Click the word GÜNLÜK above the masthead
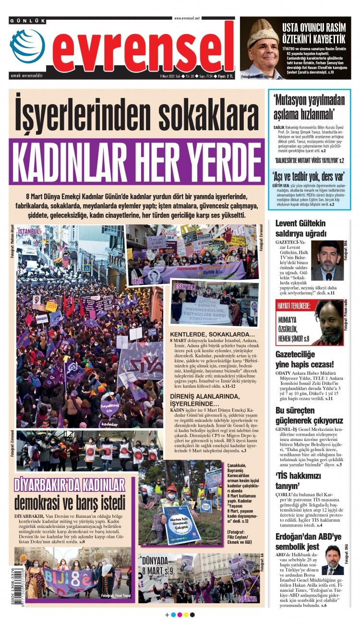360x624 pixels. pos(28,21)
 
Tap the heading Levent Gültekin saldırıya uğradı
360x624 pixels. pos(300,228)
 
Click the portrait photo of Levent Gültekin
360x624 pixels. pos(327,260)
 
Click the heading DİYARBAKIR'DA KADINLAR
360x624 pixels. pos(70,484)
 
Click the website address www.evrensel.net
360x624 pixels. pos(187,18)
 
